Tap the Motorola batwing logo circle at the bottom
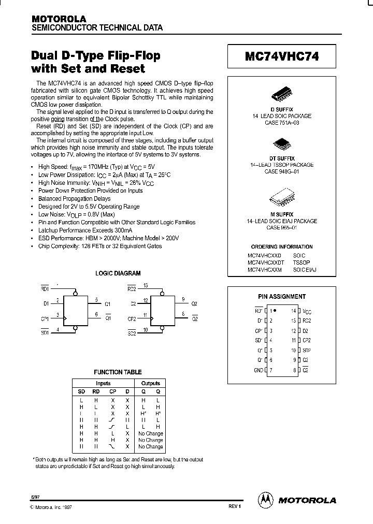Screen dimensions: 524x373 click(265, 500)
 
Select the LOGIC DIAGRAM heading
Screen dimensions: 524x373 click(118, 273)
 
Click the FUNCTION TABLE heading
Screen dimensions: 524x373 click(118, 372)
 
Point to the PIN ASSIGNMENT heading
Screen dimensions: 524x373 click(282, 297)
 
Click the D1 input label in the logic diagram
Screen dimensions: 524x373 click(46, 302)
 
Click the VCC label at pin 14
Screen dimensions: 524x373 click(307, 311)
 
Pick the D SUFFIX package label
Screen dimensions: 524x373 click(282, 109)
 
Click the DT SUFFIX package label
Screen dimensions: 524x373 click(282, 158)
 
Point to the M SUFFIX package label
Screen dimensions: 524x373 click(282, 214)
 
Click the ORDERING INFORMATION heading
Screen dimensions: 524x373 click(282, 247)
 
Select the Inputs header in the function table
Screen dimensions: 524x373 click(103, 384)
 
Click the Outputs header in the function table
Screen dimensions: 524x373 click(150, 384)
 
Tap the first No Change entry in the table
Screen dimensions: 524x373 click(150, 433)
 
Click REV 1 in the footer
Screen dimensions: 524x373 click(235, 506)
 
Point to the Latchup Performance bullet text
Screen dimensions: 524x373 click(85, 229)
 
